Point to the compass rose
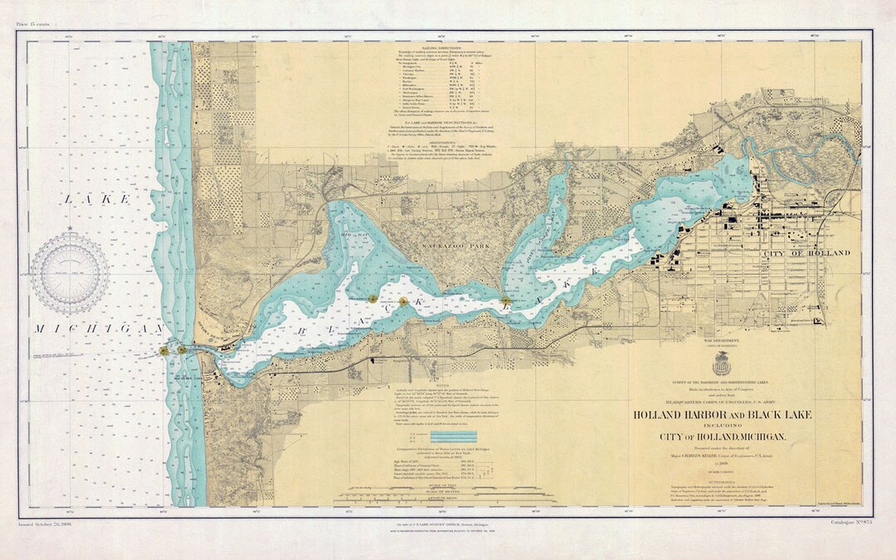click(70, 273)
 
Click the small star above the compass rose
click(70, 227)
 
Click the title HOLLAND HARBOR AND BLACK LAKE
click(722, 415)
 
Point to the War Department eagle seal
click(722, 363)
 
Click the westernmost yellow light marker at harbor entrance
click(164, 351)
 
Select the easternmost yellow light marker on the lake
click(505, 300)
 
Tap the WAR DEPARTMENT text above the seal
click(722, 340)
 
